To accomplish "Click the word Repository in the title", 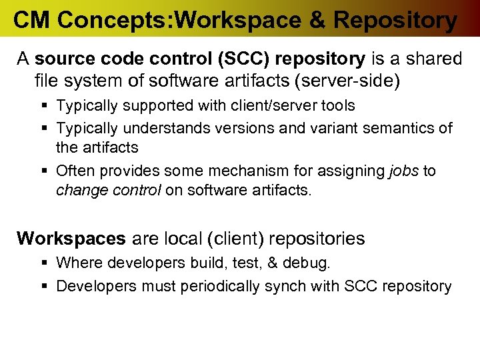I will pos(395,20).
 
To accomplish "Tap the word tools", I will pos(334,105).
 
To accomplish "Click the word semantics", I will pos(399,127).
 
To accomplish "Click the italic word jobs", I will pos(404,171).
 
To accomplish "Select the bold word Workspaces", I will pos(71,238).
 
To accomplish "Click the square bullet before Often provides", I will pos(44,171).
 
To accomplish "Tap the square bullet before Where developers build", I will pos(44,263).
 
